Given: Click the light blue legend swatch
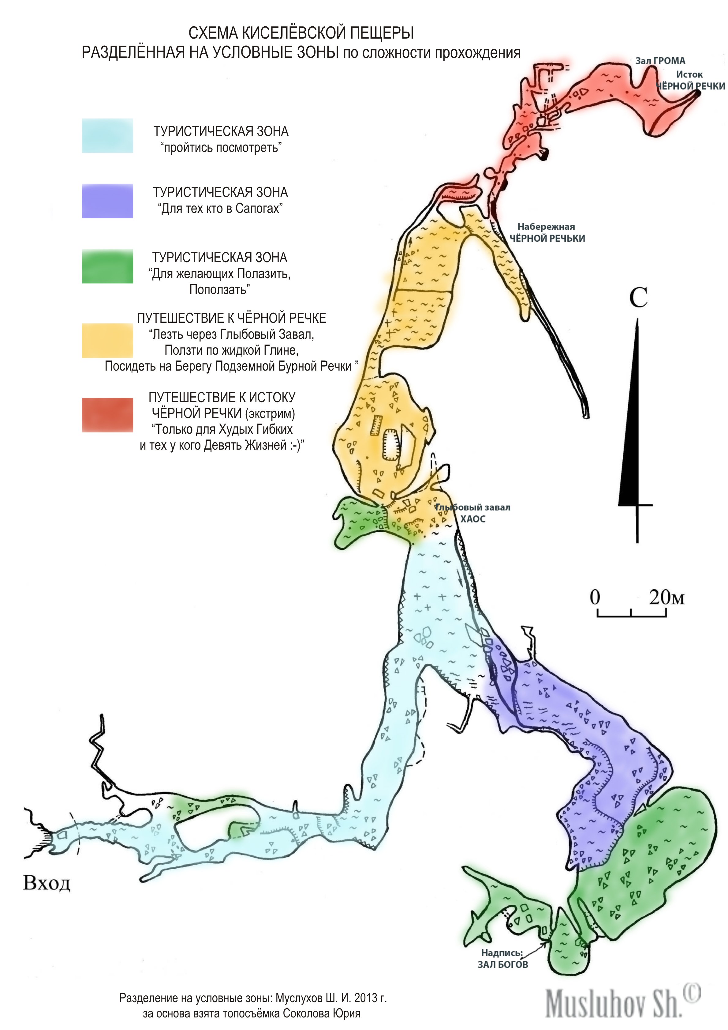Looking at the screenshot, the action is pyautogui.click(x=108, y=135).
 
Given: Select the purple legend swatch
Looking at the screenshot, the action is pyautogui.click(x=108, y=201).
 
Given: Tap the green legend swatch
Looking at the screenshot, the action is pyautogui.click(x=108, y=266).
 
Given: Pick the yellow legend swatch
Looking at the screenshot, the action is pyautogui.click(x=108, y=341).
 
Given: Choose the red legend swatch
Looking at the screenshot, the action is pyautogui.click(x=108, y=415).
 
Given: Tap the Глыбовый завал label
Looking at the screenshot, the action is pyautogui.click(x=472, y=507).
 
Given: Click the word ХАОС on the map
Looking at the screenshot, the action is pyautogui.click(x=473, y=519).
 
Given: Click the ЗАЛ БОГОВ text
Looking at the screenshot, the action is pyautogui.click(x=502, y=964).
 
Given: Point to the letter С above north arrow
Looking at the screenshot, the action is pyautogui.click(x=638, y=297).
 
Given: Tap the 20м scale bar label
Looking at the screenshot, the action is pyautogui.click(x=666, y=598).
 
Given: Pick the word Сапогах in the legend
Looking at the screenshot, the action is pyautogui.click(x=259, y=208).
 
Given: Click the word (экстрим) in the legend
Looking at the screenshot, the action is pyautogui.click(x=270, y=413).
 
